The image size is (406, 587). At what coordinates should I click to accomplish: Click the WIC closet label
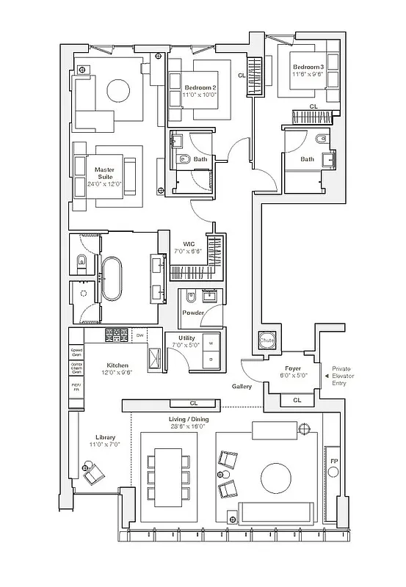pos(188,245)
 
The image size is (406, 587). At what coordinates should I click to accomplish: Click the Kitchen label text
pos(117,365)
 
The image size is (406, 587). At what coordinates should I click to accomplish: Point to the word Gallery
pos(242,386)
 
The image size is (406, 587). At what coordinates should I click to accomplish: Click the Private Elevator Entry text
pos(344,376)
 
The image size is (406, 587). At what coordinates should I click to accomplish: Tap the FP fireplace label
pos(334,461)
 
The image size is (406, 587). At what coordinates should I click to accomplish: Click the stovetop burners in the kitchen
pos(117,335)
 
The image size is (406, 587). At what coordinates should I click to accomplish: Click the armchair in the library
pos(94,475)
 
